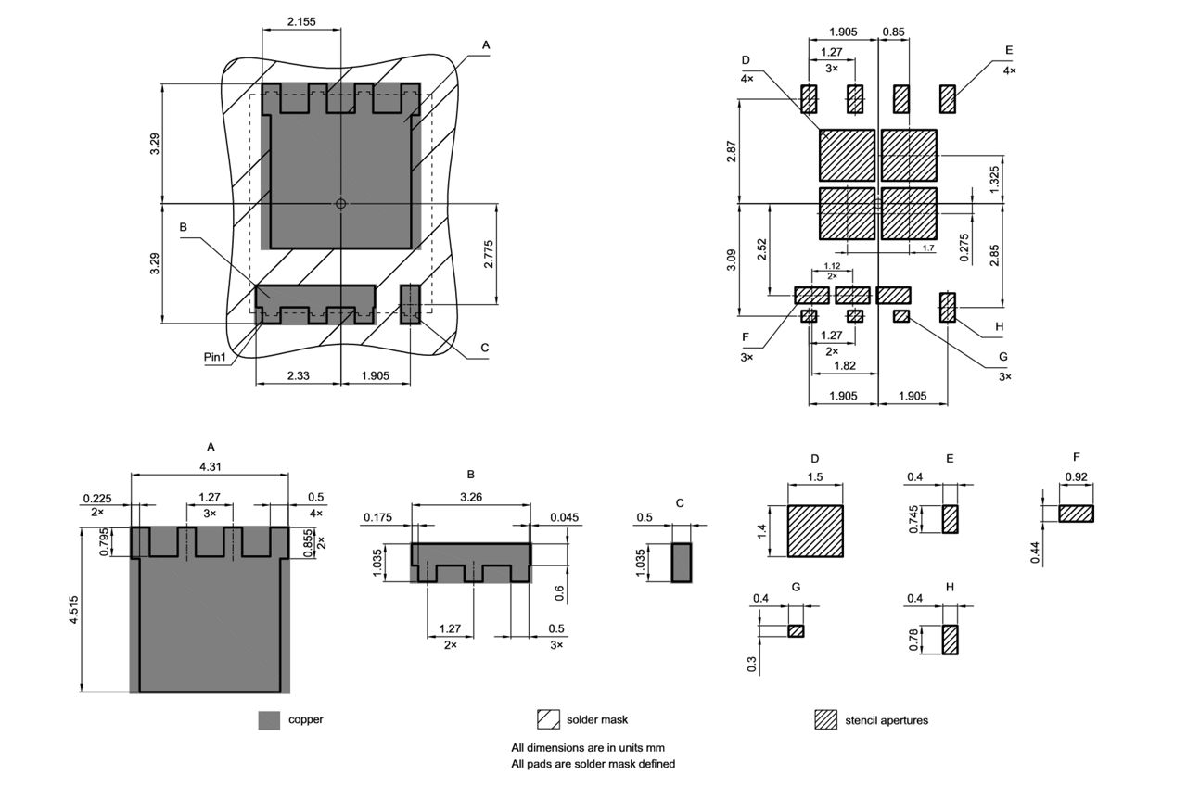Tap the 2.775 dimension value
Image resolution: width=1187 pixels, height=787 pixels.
click(488, 254)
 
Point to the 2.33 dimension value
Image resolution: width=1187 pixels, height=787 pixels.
click(298, 375)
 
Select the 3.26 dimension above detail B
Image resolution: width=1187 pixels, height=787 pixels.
click(470, 495)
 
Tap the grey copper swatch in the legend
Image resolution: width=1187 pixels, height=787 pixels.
click(269, 720)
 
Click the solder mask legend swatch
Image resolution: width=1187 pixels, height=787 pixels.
click(548, 719)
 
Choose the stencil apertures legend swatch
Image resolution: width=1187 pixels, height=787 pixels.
click(825, 720)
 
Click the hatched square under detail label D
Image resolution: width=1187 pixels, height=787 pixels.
click(815, 531)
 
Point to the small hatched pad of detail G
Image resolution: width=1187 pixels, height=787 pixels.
click(796, 631)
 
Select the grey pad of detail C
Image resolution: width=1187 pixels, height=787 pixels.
click(682, 563)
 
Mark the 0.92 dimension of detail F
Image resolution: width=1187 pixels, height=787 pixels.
click(1076, 477)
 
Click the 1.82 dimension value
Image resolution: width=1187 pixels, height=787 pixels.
click(844, 366)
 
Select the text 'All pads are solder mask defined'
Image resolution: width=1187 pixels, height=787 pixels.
click(593, 764)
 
